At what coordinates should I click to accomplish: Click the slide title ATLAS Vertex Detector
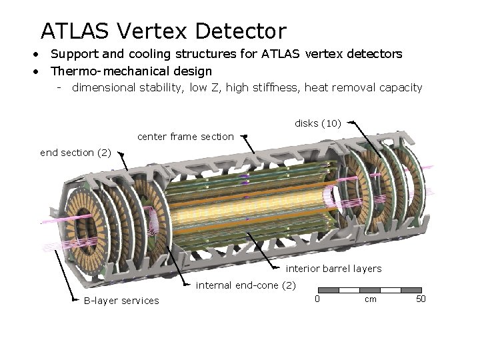tap(163, 31)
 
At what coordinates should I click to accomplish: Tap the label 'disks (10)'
tap(318, 123)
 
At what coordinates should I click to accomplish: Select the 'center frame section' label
tap(185, 137)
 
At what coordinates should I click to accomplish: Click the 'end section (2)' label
tap(75, 153)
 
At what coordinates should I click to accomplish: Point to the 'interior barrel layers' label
tap(333, 269)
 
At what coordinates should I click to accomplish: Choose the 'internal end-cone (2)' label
tap(245, 286)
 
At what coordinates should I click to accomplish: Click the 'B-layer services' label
tap(121, 301)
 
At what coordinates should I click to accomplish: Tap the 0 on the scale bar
tap(317, 299)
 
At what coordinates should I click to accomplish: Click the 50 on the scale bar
tap(420, 299)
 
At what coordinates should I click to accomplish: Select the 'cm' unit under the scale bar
tap(370, 299)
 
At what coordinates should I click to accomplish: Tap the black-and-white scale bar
tap(370, 290)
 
